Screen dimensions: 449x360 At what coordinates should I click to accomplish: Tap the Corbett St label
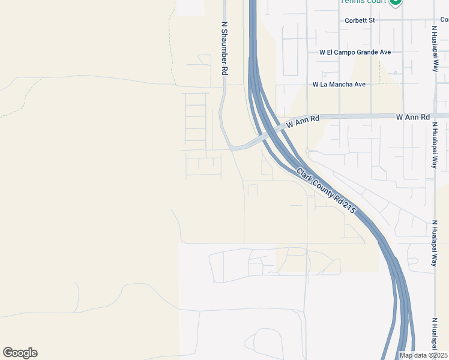click(x=360, y=20)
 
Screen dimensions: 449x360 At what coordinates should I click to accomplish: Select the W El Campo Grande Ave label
click(x=355, y=52)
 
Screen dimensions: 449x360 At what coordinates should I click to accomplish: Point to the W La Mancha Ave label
click(x=339, y=85)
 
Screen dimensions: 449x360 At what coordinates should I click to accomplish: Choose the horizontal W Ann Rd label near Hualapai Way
click(x=413, y=116)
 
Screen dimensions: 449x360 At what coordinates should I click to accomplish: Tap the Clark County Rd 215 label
click(x=326, y=191)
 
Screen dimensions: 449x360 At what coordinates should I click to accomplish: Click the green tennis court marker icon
click(x=396, y=2)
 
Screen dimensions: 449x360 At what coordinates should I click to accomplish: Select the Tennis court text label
click(x=363, y=2)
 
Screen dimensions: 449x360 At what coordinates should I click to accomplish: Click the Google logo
click(x=20, y=353)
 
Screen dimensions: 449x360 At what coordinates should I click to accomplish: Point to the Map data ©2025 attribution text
click(x=423, y=355)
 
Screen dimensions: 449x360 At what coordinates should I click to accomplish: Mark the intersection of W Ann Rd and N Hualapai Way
click(x=435, y=116)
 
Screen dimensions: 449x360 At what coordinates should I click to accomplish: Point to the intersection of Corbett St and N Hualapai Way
click(x=435, y=20)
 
